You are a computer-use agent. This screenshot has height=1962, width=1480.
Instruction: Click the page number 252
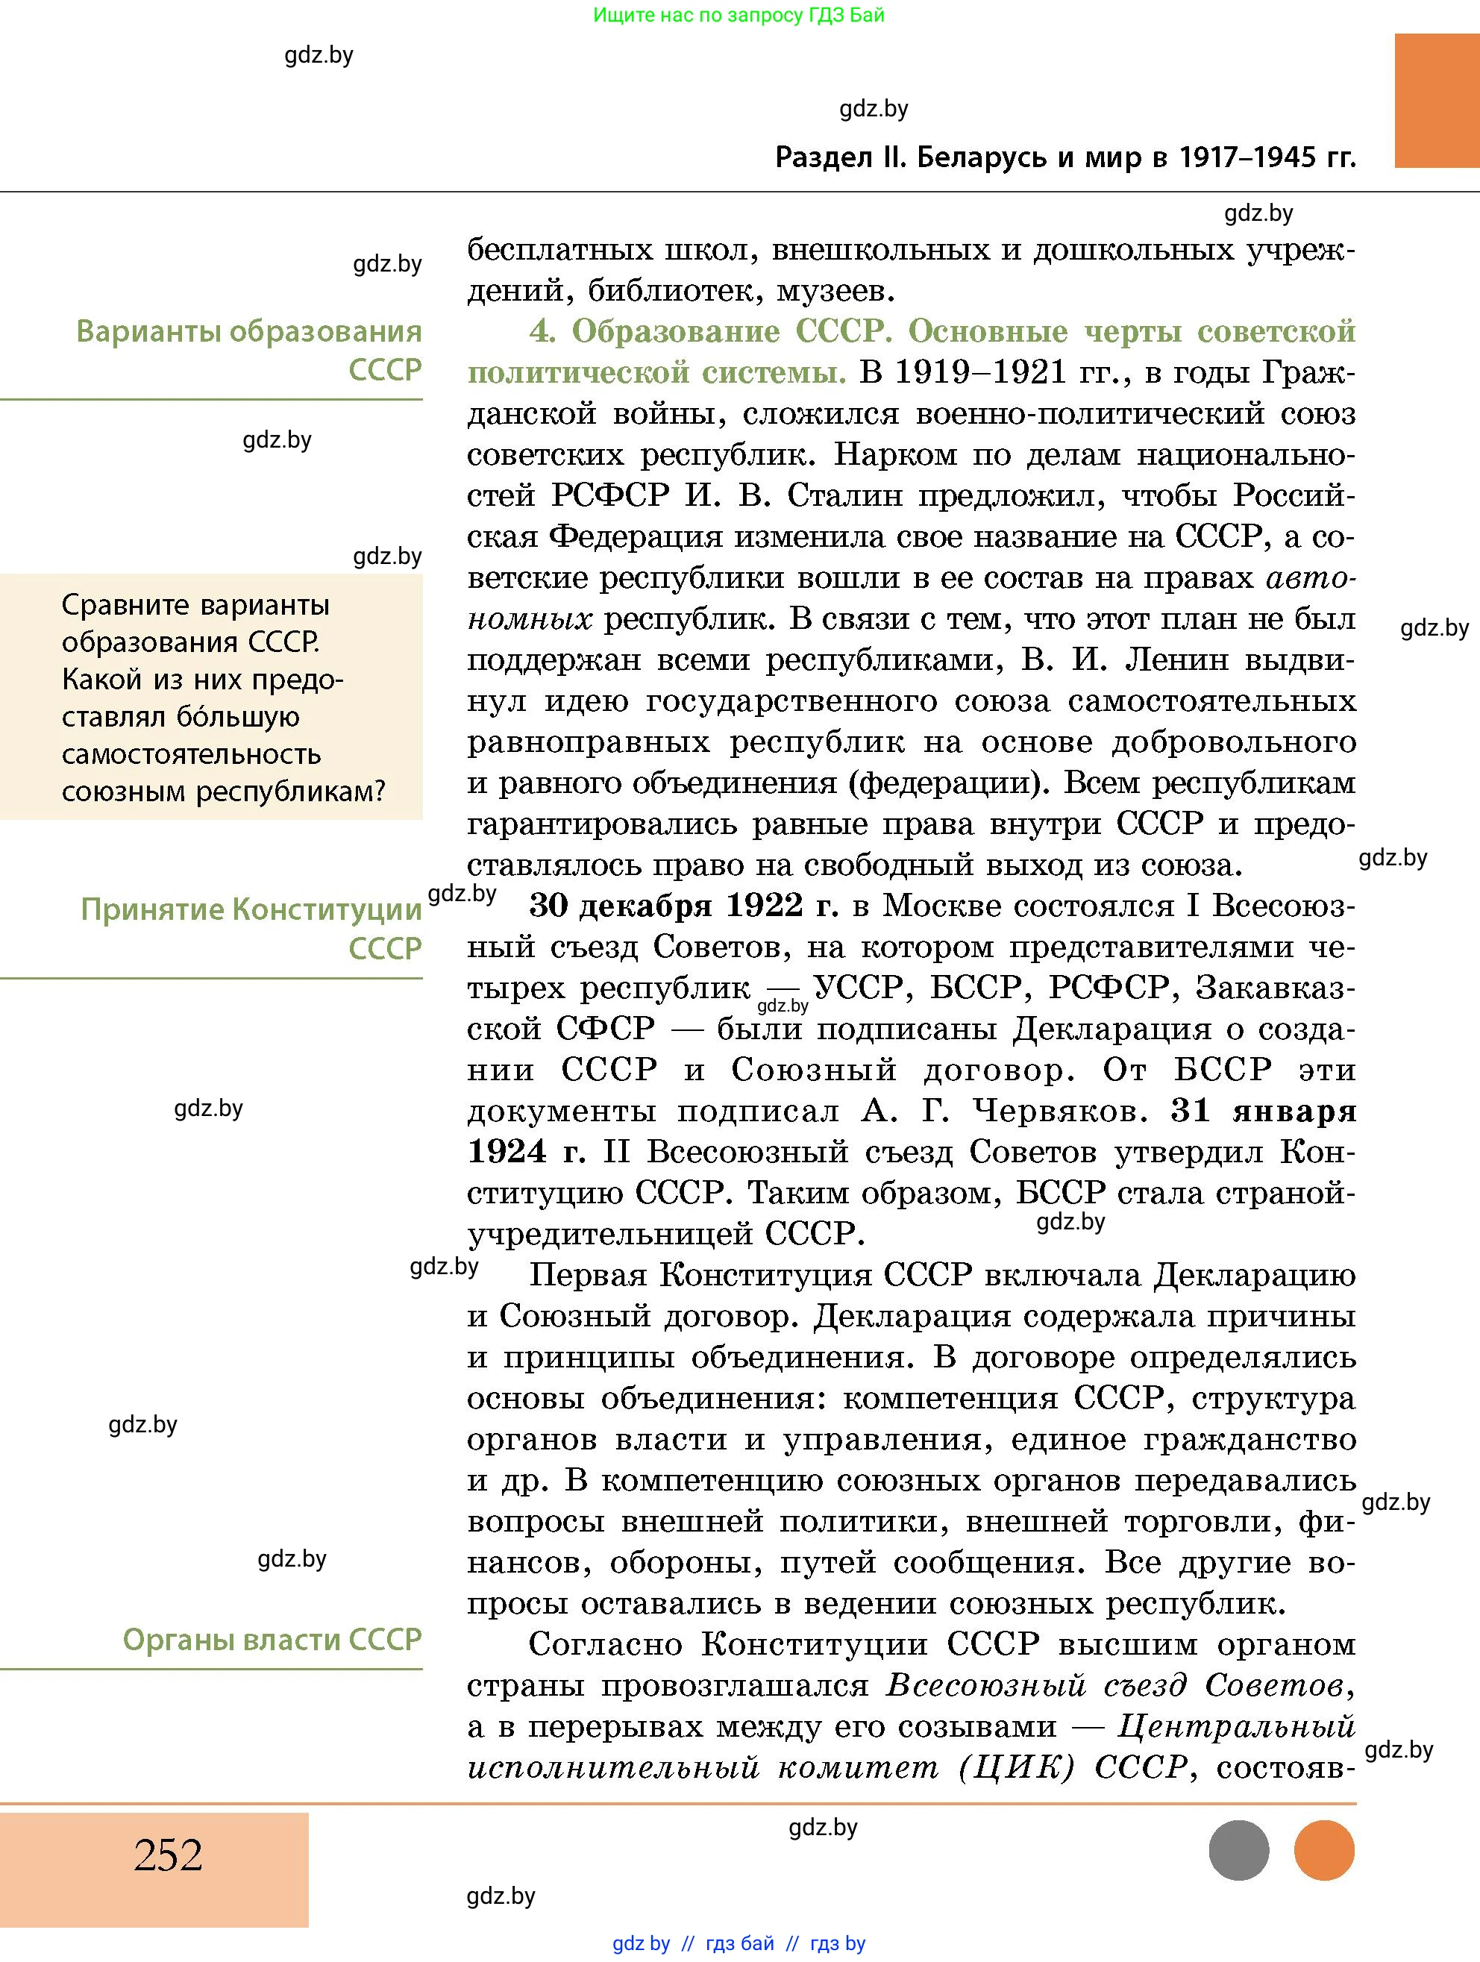[x=168, y=1855]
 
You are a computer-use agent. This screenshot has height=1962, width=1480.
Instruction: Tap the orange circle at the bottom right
[x=1324, y=1850]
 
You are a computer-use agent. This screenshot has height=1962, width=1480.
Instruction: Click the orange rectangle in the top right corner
[x=1436, y=100]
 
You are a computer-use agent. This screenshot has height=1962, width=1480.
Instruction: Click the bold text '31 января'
[x=1263, y=1111]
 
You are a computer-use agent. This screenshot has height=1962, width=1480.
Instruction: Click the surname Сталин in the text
[x=843, y=495]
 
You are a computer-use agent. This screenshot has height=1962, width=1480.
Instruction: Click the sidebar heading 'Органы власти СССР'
[x=272, y=1639]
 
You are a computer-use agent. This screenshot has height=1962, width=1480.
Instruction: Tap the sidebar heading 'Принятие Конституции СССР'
[x=251, y=928]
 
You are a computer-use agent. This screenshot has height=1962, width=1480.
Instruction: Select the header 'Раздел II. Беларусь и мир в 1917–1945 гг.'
[x=1065, y=157]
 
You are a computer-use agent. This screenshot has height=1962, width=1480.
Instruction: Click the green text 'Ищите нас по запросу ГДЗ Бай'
[x=738, y=14]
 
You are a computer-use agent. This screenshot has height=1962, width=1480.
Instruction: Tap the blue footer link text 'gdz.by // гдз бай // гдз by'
[x=738, y=1943]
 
